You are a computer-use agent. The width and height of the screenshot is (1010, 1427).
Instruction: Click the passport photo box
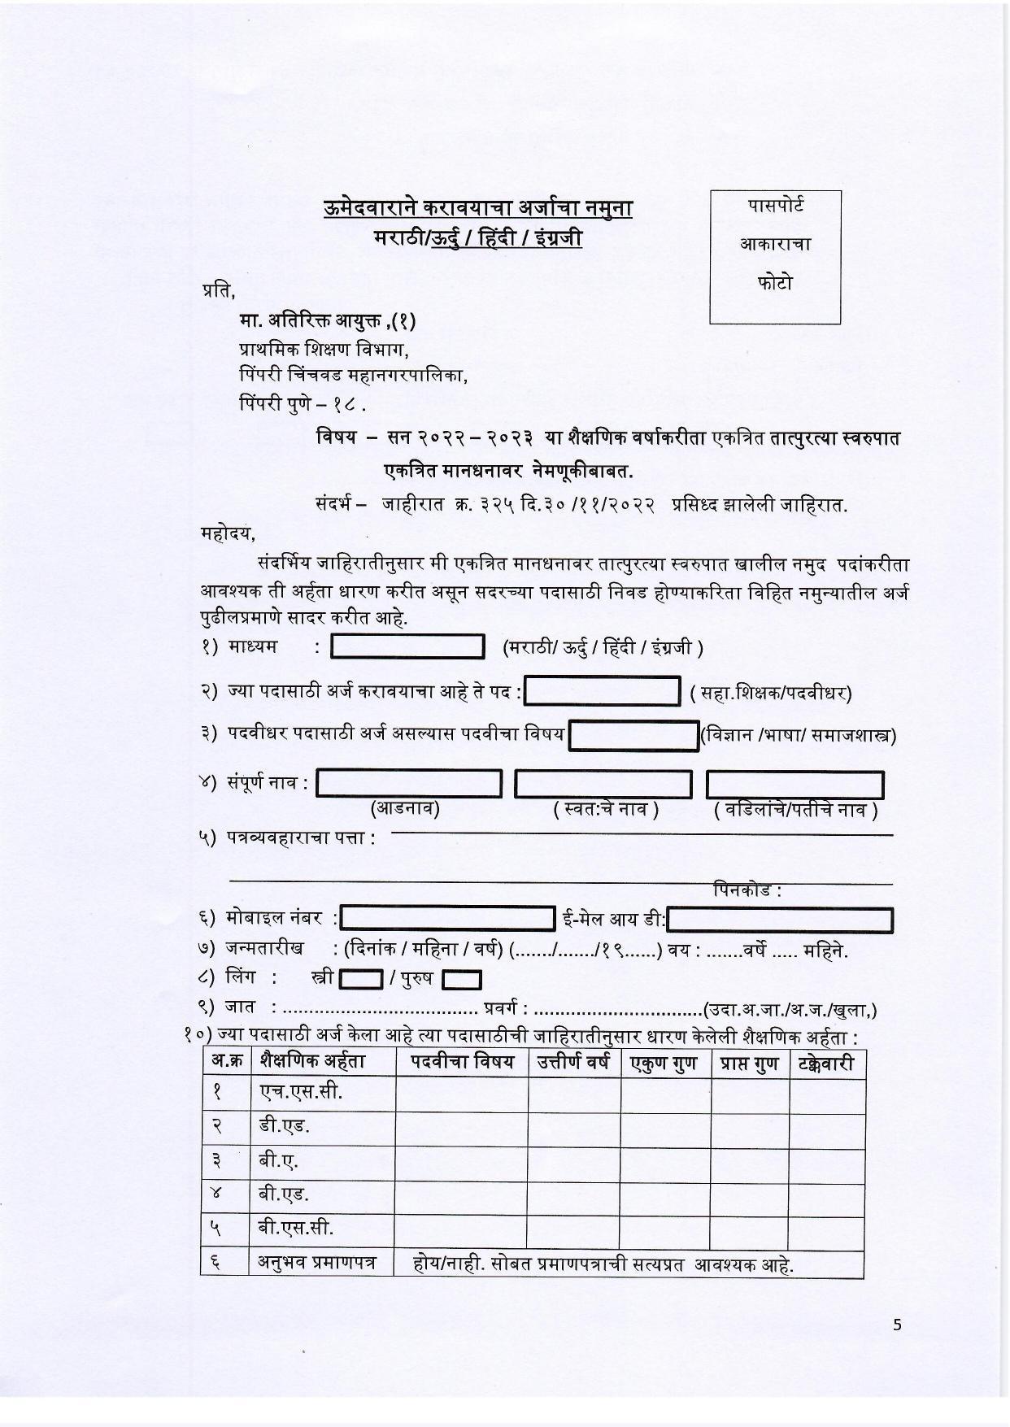pos(774,257)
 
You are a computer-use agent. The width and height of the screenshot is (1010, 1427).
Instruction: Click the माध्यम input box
pos(408,647)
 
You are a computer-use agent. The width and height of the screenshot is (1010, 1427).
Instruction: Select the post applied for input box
pos(602,692)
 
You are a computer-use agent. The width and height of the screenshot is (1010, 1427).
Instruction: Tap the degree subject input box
pos(633,736)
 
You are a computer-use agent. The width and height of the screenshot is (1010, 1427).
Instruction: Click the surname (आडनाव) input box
pos(409,785)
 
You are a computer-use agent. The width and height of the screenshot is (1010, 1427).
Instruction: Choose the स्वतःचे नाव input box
pos(603,785)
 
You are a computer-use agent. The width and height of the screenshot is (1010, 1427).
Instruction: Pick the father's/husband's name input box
pos(795,785)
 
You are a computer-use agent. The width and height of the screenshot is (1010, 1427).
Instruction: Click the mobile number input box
pos(448,919)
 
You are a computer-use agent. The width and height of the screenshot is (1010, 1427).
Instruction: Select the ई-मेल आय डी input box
pos(780,920)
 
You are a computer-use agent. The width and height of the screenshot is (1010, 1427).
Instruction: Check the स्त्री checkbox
pos(360,979)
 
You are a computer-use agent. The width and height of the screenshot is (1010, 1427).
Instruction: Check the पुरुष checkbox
pos(461,979)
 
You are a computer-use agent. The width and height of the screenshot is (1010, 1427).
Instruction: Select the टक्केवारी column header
pos(826,1064)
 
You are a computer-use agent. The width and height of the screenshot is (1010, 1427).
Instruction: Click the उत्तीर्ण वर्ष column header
pos(573,1063)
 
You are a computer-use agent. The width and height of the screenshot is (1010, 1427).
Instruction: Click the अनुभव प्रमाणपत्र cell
pos(318,1263)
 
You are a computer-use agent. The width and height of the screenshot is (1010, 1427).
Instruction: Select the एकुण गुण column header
pos(664,1064)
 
